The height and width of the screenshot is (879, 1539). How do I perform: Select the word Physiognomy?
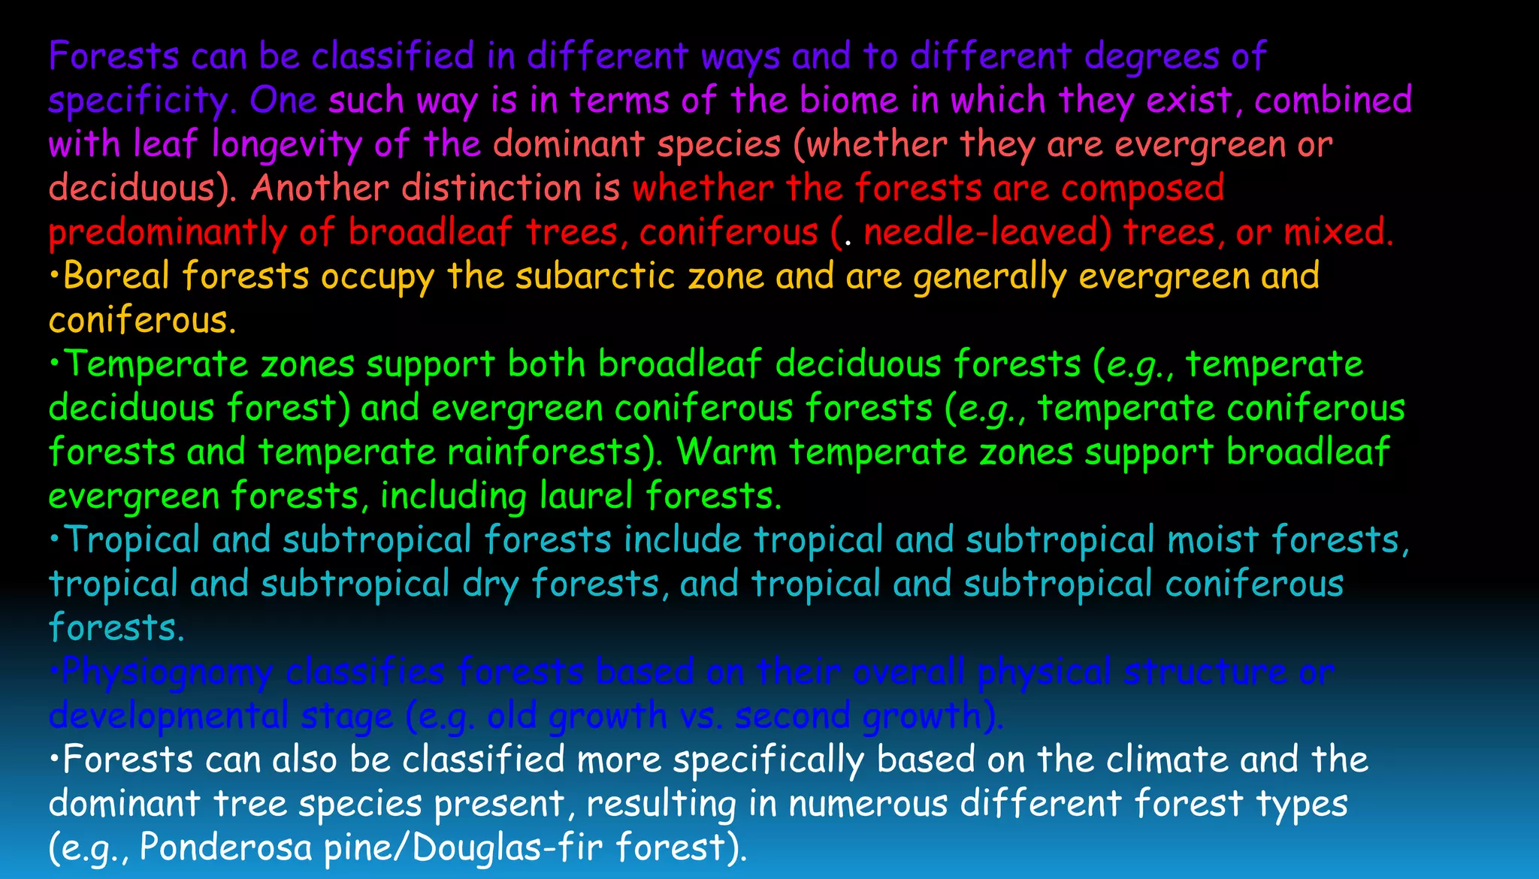pos(167,672)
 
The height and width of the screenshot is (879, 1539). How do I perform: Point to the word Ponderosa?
pos(225,847)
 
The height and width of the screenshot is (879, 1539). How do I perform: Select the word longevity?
pos(287,144)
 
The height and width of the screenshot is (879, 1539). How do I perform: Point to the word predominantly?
pos(168,232)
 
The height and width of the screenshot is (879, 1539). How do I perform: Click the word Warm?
pos(727,452)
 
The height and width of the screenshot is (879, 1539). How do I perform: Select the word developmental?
pos(168,716)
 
